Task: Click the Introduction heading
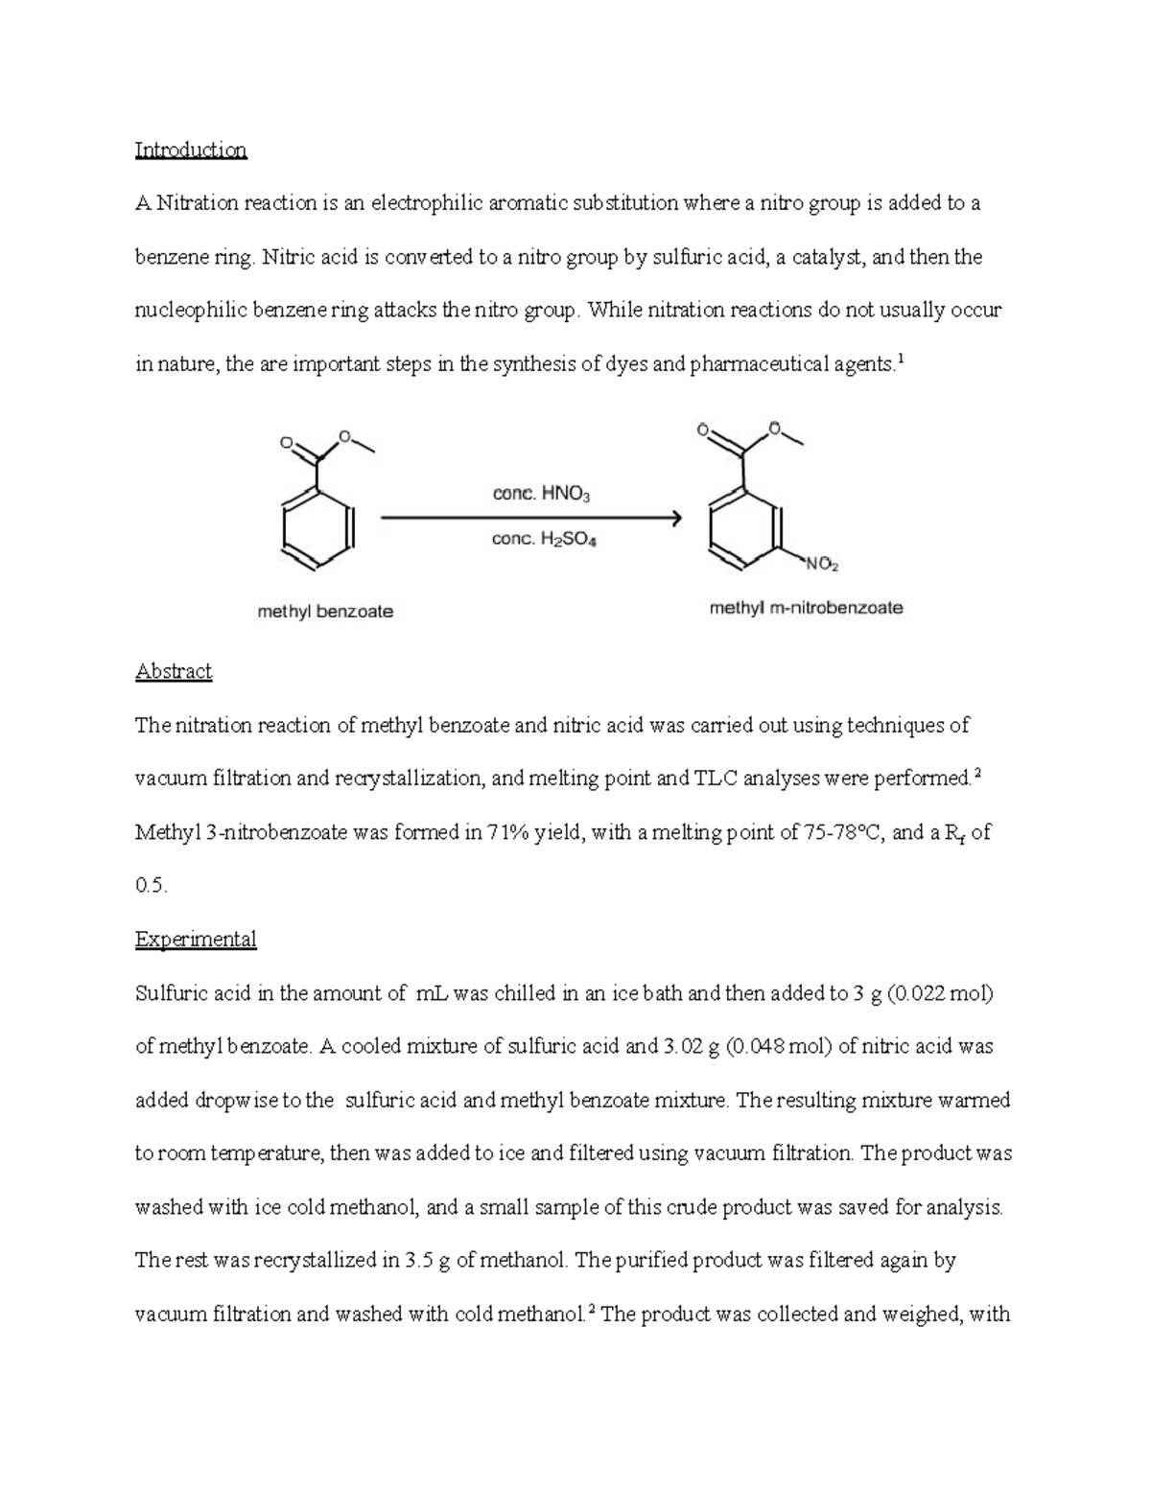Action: point(191,151)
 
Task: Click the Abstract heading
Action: point(174,671)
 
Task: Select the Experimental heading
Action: point(196,939)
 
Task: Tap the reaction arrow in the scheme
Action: point(531,519)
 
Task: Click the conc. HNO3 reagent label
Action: point(542,495)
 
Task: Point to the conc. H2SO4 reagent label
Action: point(544,540)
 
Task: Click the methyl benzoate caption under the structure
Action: point(325,611)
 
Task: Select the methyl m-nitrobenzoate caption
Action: point(806,608)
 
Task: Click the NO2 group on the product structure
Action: point(822,565)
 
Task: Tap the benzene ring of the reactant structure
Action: point(318,528)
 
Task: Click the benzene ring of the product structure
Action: point(744,528)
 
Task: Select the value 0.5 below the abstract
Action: point(152,886)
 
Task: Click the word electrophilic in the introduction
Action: point(427,203)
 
